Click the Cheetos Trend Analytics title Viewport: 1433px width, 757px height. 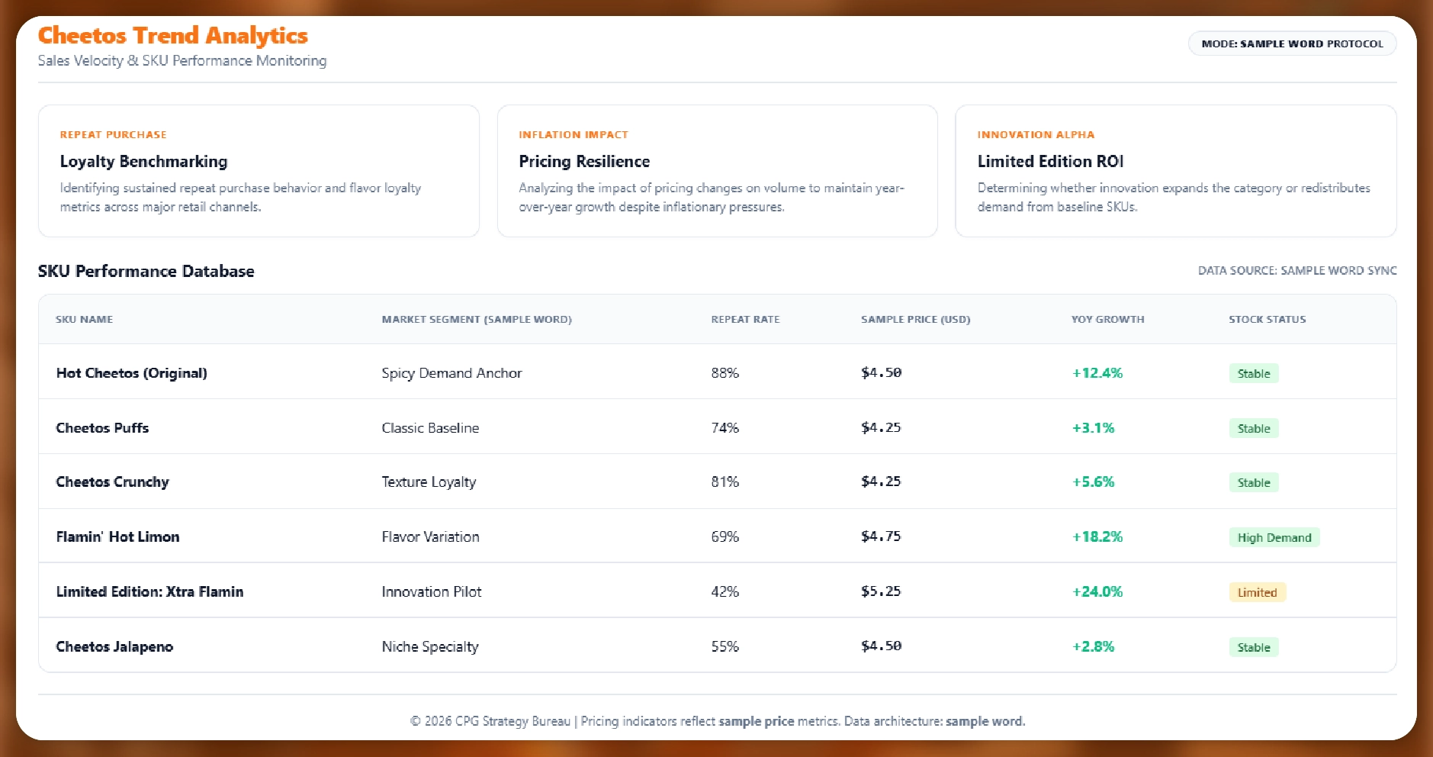point(173,36)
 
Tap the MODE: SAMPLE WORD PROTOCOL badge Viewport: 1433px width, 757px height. point(1292,43)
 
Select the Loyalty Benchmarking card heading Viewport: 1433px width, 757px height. point(143,162)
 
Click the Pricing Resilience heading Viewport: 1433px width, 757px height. point(584,162)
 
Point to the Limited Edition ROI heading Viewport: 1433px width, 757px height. point(1050,162)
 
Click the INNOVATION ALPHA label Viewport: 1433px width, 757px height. point(1036,135)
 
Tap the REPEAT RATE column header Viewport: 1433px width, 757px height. point(745,320)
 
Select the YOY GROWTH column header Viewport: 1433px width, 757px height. point(1107,320)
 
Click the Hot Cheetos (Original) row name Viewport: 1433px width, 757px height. point(131,373)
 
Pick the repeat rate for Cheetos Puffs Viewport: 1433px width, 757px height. point(725,428)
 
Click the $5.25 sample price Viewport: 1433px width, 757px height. point(881,591)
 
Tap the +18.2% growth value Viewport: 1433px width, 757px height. point(1097,537)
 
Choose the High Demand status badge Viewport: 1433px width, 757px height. point(1274,538)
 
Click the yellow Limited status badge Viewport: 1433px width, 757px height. point(1257,593)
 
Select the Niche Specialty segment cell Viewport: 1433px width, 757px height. point(430,647)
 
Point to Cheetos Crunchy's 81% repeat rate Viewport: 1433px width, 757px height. point(725,482)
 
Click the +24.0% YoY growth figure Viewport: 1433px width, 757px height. point(1097,592)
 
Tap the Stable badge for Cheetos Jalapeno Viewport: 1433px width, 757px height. point(1254,648)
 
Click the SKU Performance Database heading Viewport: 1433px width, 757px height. point(146,272)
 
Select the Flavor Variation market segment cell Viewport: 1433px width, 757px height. point(430,537)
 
